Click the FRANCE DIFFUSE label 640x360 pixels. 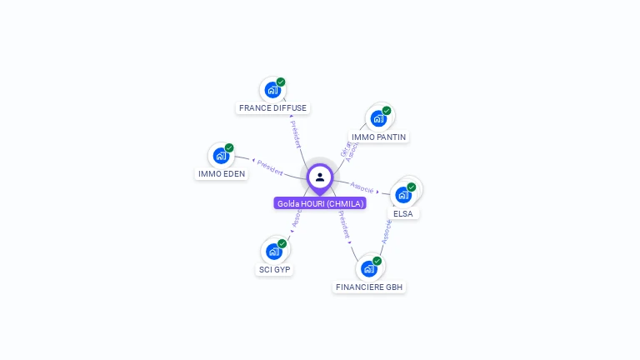pyautogui.click(x=272, y=108)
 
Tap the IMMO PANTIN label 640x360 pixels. pyautogui.click(x=379, y=137)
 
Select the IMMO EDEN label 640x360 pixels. pyautogui.click(x=221, y=174)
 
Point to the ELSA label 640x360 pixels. pyautogui.click(x=403, y=214)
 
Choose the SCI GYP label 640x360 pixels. pyautogui.click(x=275, y=270)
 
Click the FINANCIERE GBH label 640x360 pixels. pyautogui.click(x=369, y=287)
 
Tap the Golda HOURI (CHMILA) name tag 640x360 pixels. pyautogui.click(x=321, y=203)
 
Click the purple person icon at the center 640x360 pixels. pyautogui.click(x=320, y=177)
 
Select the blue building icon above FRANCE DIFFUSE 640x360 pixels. pyautogui.click(x=272, y=90)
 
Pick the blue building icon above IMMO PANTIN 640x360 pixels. pyautogui.click(x=378, y=118)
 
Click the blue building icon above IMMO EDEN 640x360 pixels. pyautogui.click(x=220, y=156)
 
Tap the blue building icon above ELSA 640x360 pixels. pyautogui.click(x=403, y=195)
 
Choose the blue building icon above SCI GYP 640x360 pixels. pyautogui.click(x=273, y=252)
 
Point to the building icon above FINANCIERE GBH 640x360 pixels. pyautogui.click(x=368, y=269)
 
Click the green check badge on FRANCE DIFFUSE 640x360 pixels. pyautogui.click(x=281, y=82)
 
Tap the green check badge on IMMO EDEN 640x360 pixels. pyautogui.click(x=229, y=148)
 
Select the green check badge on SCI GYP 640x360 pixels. pyautogui.click(x=282, y=244)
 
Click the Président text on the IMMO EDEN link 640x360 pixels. pyautogui.click(x=269, y=167)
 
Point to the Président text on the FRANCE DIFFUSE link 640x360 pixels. pyautogui.click(x=296, y=133)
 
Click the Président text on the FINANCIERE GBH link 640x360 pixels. pyautogui.click(x=344, y=225)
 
